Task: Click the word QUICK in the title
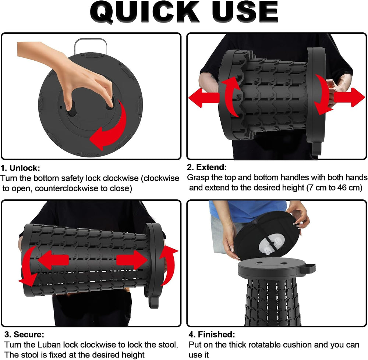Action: pos(145,12)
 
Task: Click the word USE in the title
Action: pos(245,12)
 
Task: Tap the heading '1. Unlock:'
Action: pos(20,168)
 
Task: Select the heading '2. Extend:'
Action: pos(207,167)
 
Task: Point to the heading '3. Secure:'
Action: pos(24,334)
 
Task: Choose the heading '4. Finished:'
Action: pos(212,334)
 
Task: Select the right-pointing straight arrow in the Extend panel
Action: pos(350,97)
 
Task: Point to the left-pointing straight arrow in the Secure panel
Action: pos(53,260)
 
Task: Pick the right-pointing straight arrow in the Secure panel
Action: pos(132,260)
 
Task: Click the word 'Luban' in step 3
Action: pos(49,345)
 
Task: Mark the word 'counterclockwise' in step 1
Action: pos(66,189)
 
